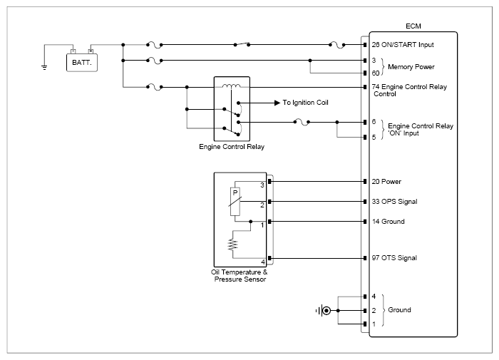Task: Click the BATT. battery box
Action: (82, 63)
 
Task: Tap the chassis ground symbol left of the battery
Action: (44, 67)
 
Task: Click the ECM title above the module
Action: (413, 26)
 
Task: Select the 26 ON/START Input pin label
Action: (403, 45)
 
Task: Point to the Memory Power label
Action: (411, 67)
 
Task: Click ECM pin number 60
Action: (376, 73)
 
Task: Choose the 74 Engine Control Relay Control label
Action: (409, 90)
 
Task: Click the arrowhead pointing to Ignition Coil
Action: (277, 103)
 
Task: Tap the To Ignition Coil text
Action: (306, 103)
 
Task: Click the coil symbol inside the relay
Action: (232, 86)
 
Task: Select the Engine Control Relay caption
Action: (232, 147)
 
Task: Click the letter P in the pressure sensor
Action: (235, 192)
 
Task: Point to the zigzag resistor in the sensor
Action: (232, 245)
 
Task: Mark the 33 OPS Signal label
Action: (394, 202)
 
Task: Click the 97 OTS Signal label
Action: (394, 258)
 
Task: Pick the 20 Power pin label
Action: (386, 182)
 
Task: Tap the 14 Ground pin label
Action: (389, 222)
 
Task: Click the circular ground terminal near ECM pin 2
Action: (326, 310)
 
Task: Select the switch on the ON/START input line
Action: (242, 44)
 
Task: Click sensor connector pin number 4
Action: (263, 262)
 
